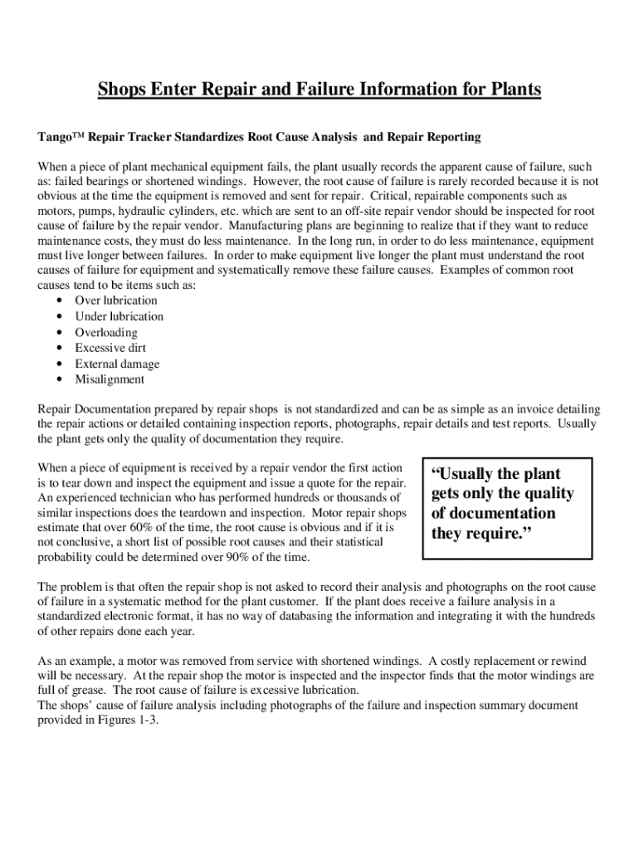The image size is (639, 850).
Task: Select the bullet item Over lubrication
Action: click(115, 300)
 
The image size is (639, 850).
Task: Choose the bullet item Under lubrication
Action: click(119, 316)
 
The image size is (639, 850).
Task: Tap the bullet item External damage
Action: click(117, 364)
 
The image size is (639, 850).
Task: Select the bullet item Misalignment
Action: click(110, 379)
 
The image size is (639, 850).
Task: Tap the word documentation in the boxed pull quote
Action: click(503, 513)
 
